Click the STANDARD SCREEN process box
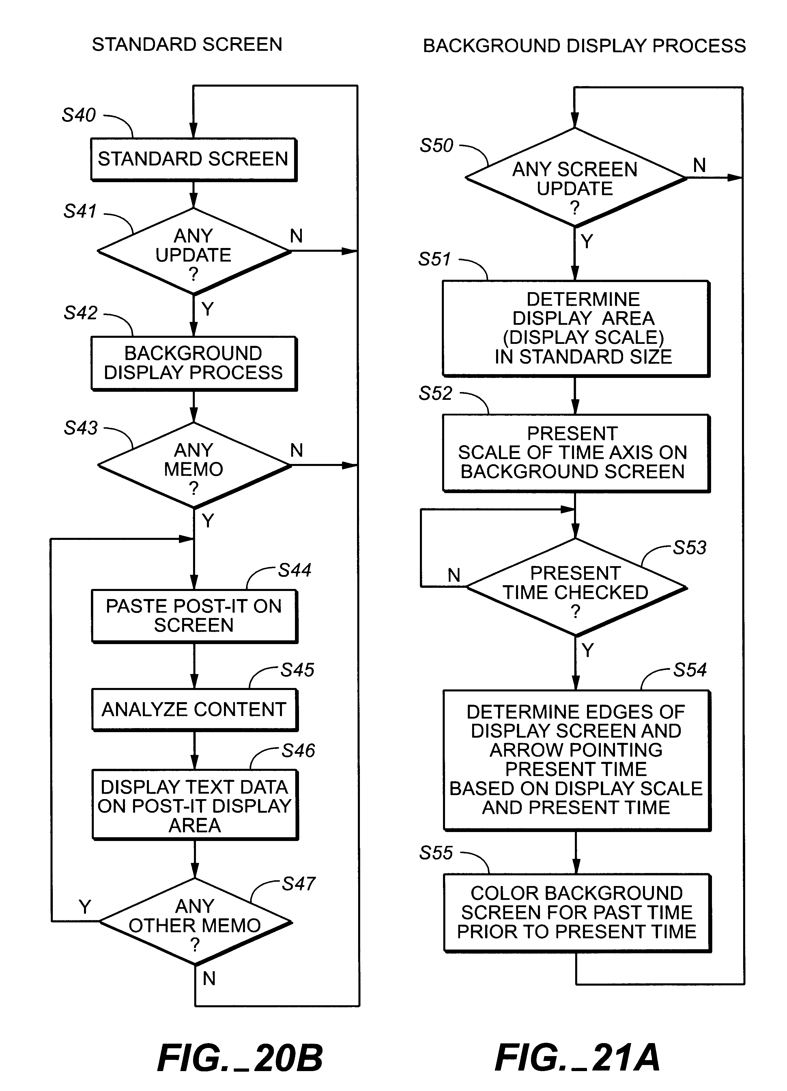click(x=194, y=159)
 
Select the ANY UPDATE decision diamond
click(x=194, y=251)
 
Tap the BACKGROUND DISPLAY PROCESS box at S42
click(x=194, y=363)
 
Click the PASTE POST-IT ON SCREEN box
click(x=194, y=616)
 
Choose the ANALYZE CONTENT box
click(x=194, y=710)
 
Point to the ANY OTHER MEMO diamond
click(x=195, y=922)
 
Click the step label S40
click(x=79, y=115)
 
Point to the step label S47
click(x=298, y=884)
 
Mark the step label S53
click(x=689, y=547)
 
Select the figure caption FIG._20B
click(x=240, y=1058)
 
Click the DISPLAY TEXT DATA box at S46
click(x=195, y=806)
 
